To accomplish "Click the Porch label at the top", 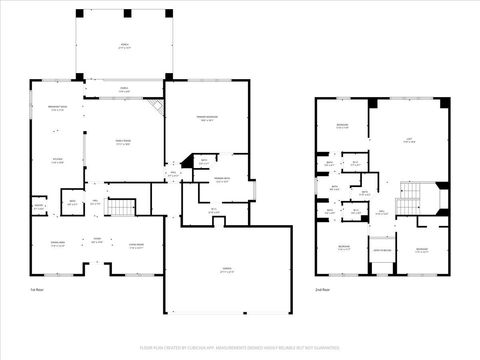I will (x=123, y=46).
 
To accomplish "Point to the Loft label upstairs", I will (x=408, y=142).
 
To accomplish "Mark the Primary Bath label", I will (x=222, y=180).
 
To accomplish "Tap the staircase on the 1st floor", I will (x=121, y=207).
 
